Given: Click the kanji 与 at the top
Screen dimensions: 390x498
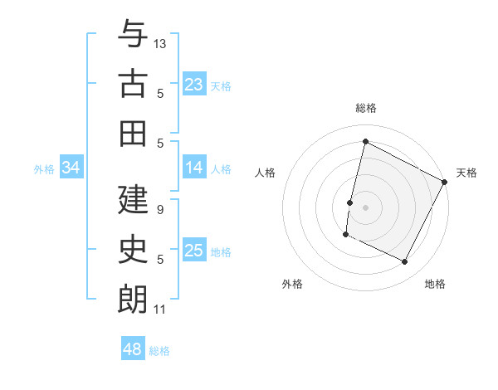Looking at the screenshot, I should (x=133, y=36).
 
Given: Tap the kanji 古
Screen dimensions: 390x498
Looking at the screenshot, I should (x=133, y=84).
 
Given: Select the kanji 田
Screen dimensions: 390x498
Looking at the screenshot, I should (x=133, y=133).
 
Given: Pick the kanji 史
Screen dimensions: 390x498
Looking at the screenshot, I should (x=133, y=250).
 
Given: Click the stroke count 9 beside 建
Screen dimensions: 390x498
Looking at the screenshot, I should (x=160, y=210).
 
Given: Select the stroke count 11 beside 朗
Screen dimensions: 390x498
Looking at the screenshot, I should (x=160, y=310).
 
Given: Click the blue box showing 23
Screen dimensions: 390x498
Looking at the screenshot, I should (x=194, y=85).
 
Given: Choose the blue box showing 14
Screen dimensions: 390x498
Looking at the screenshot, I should (x=194, y=168).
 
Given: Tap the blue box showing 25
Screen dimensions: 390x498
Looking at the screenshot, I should (x=194, y=251).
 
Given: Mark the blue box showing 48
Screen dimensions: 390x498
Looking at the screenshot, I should (x=133, y=349).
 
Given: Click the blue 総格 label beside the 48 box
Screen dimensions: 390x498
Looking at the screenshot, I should (x=159, y=351).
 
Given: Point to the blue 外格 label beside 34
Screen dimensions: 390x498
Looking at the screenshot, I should (x=44, y=169).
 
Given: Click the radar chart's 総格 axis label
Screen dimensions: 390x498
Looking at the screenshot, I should (x=366, y=108).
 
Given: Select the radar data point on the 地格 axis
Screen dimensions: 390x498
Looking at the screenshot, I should (x=405, y=262).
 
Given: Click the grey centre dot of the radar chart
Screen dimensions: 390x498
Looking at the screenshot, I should (x=365, y=207).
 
